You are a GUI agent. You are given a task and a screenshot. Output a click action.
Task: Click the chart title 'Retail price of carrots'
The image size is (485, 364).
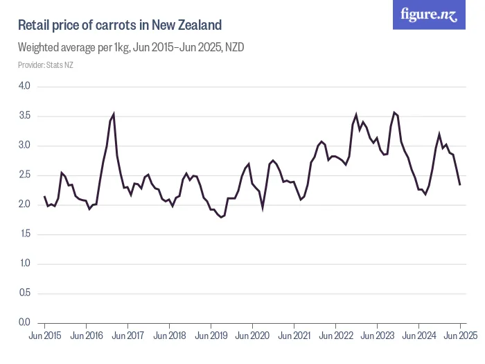click(119, 26)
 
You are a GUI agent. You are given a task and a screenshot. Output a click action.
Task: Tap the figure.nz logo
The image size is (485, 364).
click(429, 15)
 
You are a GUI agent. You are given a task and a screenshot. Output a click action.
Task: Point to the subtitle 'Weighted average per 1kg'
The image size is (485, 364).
click(131, 48)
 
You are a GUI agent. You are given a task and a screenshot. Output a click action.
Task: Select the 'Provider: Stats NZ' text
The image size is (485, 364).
click(45, 65)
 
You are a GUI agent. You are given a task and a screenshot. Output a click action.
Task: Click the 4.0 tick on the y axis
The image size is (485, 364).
click(24, 87)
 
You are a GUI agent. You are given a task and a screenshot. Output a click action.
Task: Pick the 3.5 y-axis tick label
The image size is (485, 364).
click(24, 116)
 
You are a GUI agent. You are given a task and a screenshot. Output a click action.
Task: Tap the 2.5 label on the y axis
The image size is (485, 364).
click(24, 175)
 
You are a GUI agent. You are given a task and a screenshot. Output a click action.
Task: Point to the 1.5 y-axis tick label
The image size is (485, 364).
click(24, 234)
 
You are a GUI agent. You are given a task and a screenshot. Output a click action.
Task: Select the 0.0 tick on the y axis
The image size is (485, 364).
click(24, 322)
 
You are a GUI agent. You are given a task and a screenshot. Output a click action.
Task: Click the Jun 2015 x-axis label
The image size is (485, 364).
click(45, 336)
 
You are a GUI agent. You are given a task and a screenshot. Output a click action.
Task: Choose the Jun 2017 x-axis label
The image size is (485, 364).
click(128, 336)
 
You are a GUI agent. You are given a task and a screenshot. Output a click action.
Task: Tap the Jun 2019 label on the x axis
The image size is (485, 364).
click(211, 336)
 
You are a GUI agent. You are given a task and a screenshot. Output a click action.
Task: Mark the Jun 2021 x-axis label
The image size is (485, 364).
click(294, 336)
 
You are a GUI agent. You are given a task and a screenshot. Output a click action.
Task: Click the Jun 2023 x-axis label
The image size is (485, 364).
click(378, 336)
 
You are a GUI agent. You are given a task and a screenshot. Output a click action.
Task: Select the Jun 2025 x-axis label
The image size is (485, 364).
click(460, 336)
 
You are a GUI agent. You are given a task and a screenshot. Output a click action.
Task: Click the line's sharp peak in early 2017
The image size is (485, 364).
click(114, 114)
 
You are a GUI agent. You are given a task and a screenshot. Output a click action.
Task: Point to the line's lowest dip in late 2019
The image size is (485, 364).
click(221, 218)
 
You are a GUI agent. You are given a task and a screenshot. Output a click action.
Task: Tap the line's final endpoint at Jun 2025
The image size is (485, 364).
click(460, 184)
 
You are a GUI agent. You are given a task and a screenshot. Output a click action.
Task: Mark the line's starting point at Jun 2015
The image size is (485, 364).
click(44, 196)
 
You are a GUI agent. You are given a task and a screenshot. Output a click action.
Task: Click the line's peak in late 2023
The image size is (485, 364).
click(394, 112)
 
